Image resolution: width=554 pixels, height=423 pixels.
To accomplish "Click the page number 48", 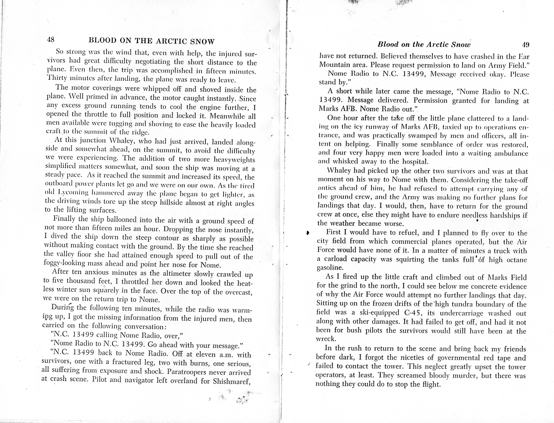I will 50,40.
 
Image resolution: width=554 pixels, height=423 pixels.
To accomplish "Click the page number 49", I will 525,45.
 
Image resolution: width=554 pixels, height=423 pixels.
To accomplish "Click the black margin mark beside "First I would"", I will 308,233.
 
